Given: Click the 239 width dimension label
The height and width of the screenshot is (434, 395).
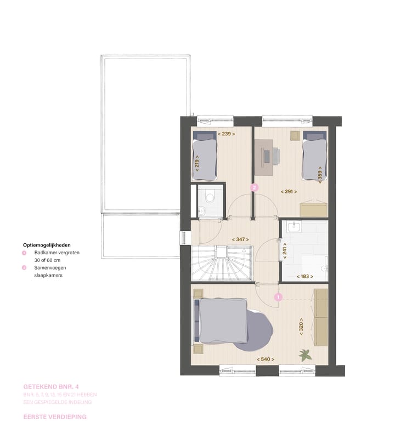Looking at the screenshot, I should [x=226, y=133].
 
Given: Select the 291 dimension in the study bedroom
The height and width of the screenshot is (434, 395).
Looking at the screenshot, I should [x=289, y=192].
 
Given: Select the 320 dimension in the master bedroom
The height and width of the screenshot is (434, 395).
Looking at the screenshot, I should [x=301, y=327].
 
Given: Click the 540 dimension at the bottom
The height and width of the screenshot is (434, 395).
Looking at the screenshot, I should [x=266, y=359].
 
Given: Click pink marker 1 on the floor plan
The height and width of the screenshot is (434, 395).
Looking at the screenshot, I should [x=278, y=297].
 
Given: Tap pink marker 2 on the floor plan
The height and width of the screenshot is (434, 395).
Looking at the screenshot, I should [x=254, y=187].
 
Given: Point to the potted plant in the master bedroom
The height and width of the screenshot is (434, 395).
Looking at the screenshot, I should [x=305, y=355].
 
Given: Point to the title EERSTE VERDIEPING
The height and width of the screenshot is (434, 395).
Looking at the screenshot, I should [x=55, y=417].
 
